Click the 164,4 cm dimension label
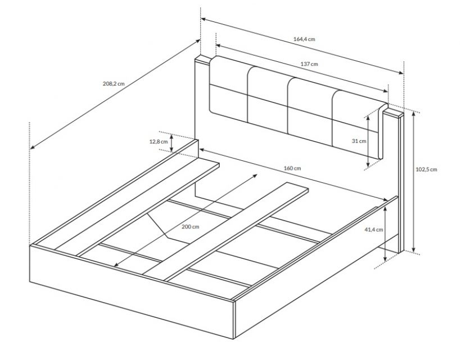click(304, 39)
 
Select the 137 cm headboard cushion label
click(309, 64)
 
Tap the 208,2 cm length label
click(114, 83)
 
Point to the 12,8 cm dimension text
click(159, 142)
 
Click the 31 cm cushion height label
click(359, 141)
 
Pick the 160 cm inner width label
click(292, 168)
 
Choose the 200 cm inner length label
click(190, 227)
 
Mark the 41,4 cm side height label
click(374, 229)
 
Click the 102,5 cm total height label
click(426, 169)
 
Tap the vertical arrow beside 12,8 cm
click(172, 143)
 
